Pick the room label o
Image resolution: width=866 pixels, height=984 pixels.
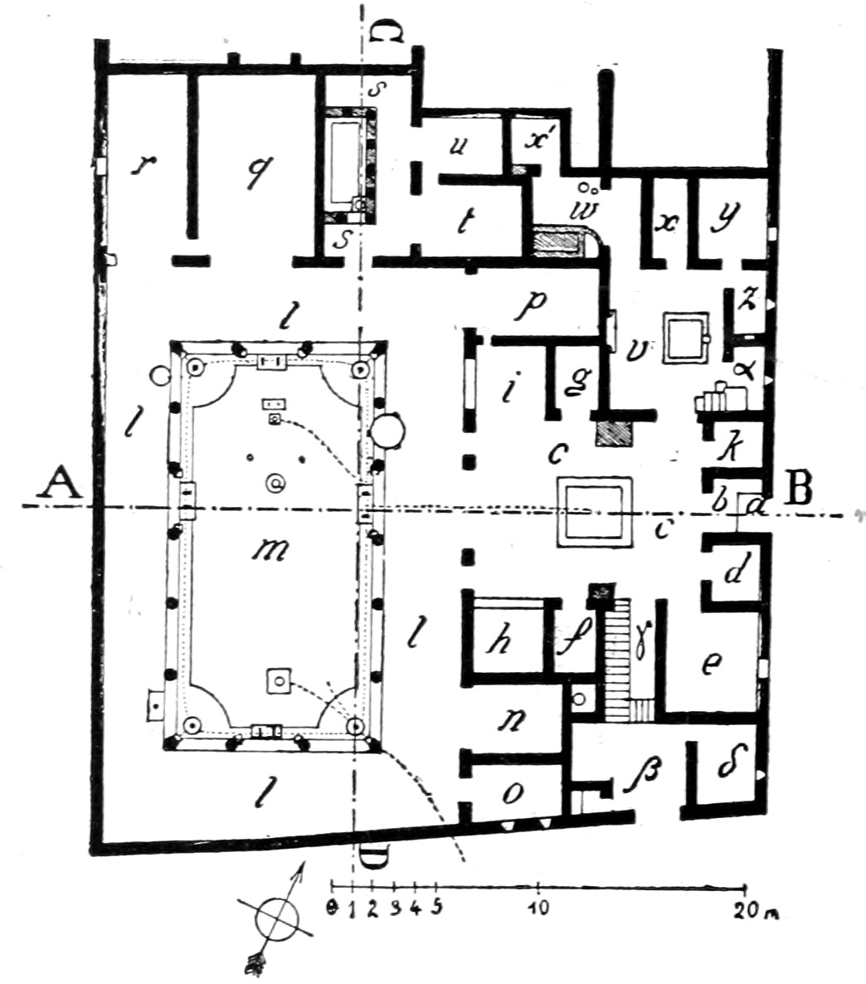[x=513, y=793]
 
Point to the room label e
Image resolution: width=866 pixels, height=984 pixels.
[x=712, y=663]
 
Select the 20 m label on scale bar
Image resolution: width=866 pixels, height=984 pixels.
[x=757, y=910]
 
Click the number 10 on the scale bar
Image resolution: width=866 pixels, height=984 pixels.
[x=540, y=908]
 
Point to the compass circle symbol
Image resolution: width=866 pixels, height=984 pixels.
[x=275, y=918]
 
